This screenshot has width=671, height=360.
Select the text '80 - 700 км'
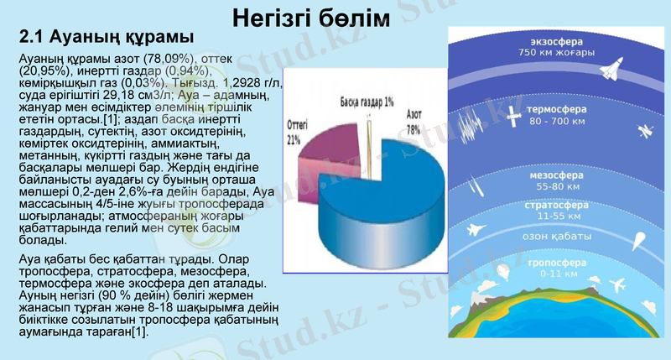tap(557, 123)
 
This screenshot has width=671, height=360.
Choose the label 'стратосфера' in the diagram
tap(555, 205)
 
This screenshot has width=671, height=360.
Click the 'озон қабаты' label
tap(554, 237)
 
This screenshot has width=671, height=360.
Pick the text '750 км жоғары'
tap(556, 52)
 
